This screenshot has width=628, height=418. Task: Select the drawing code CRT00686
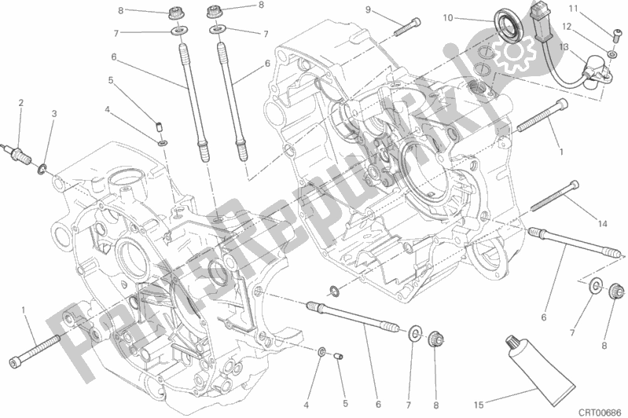(x=600, y=410)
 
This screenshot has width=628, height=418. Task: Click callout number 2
(x=20, y=102)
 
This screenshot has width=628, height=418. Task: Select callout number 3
(x=54, y=114)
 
